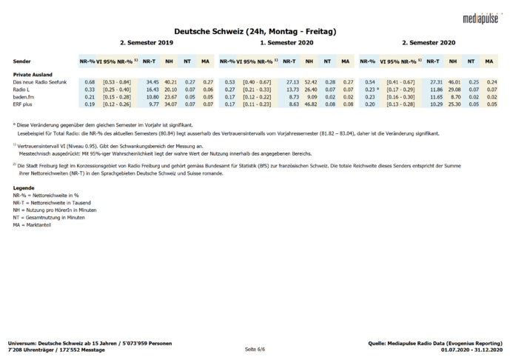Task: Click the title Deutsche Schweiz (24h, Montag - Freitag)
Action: tap(255, 31)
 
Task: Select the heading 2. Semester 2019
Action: tap(146, 43)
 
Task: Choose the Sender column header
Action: tap(22, 61)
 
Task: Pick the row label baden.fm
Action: tap(25, 96)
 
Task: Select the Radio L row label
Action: tap(23, 89)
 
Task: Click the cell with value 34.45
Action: tap(152, 81)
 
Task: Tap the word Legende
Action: tap(24, 188)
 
